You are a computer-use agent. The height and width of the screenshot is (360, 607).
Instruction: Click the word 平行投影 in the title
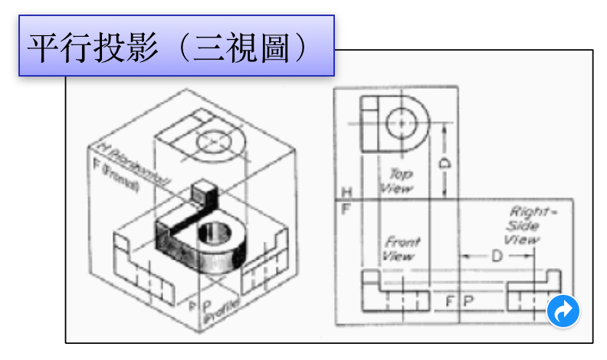(x=85, y=47)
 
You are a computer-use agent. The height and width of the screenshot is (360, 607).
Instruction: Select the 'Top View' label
(x=398, y=181)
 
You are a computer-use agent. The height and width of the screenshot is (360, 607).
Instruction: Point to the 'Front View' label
(x=402, y=248)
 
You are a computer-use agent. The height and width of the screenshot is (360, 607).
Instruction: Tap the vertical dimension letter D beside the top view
(x=445, y=162)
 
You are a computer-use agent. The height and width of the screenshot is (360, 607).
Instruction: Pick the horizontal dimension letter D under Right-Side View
(x=496, y=256)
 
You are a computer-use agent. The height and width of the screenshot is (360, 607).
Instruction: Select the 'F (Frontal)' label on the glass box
(x=116, y=173)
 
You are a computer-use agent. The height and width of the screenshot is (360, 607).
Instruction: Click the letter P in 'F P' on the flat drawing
(x=467, y=300)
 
